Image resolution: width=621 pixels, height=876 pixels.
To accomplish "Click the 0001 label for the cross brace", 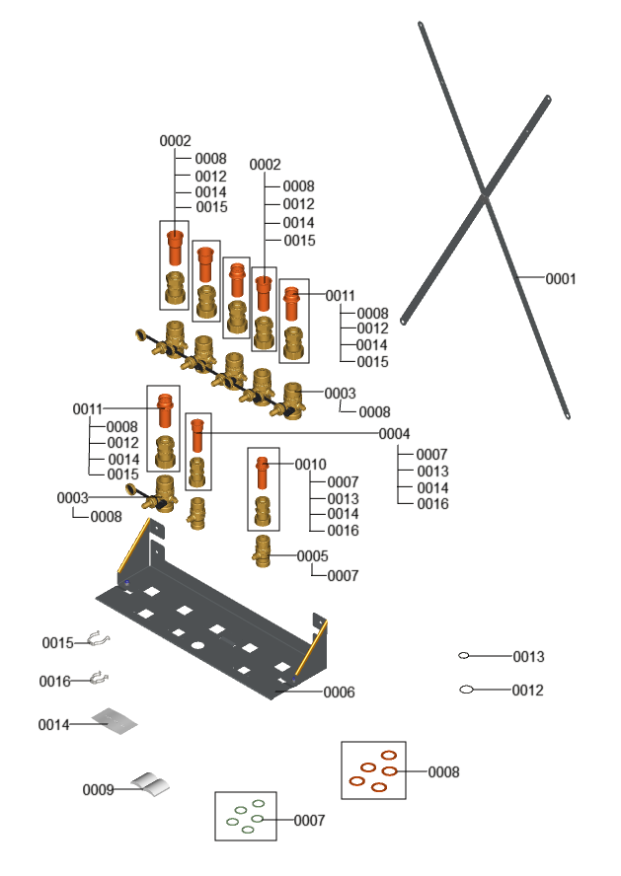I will pyautogui.click(x=561, y=279).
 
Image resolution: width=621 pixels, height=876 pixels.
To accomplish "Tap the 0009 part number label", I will pyautogui.click(x=98, y=789).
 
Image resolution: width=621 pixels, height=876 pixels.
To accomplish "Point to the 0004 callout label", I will pyautogui.click(x=394, y=434).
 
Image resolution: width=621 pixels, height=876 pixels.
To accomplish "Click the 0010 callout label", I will pyautogui.click(x=310, y=464).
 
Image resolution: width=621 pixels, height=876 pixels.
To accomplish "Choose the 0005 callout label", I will pyautogui.click(x=312, y=556).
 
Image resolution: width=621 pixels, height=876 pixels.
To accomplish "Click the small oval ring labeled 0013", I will pyautogui.click(x=464, y=656).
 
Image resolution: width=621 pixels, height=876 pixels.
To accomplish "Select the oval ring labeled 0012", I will pyautogui.click(x=467, y=690).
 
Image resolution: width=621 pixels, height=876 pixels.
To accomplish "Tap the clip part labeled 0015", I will pyautogui.click(x=96, y=641).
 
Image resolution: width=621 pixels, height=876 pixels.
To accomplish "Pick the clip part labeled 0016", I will pyautogui.click(x=97, y=679).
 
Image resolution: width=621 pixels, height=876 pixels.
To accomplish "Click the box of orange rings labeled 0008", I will pyautogui.click(x=373, y=770).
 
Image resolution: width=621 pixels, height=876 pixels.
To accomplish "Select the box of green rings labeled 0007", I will pyautogui.click(x=246, y=817).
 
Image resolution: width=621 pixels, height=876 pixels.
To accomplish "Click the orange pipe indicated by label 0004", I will pyautogui.click(x=197, y=434).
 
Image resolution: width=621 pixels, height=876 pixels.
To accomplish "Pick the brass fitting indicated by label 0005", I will pyautogui.click(x=263, y=548).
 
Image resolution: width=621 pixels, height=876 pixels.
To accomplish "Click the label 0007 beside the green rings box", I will pyautogui.click(x=309, y=820).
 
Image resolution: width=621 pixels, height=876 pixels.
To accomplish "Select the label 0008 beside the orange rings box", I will pyautogui.click(x=443, y=772).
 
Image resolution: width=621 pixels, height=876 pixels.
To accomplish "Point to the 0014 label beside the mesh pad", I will pyautogui.click(x=54, y=725).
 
